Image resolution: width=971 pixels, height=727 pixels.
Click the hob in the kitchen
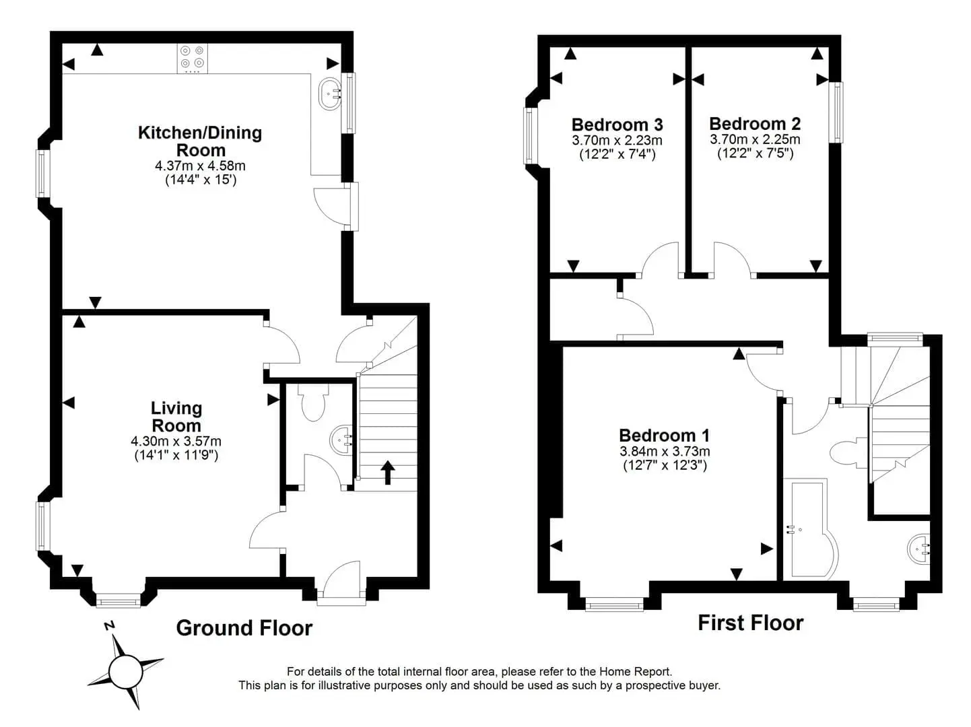tap(193, 59)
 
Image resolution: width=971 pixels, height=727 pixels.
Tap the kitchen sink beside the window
tap(329, 94)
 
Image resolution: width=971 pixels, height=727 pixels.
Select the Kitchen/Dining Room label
tap(201, 141)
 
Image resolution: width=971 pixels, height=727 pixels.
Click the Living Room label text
tap(176, 417)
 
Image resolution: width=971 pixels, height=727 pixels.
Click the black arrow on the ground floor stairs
tap(387, 473)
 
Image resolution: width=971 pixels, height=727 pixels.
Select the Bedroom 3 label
tap(617, 125)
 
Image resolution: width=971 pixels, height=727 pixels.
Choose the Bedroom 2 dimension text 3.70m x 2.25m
tap(755, 140)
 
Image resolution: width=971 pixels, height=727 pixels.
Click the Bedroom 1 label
tap(665, 436)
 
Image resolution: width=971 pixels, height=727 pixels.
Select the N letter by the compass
tap(110, 626)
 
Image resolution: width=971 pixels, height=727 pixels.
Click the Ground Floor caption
tap(244, 628)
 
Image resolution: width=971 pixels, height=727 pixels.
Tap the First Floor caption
tap(750, 623)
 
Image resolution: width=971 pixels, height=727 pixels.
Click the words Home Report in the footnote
tap(635, 672)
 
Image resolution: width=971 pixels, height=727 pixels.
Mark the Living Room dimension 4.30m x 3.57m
tap(176, 441)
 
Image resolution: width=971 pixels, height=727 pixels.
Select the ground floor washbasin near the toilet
tap(341, 440)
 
